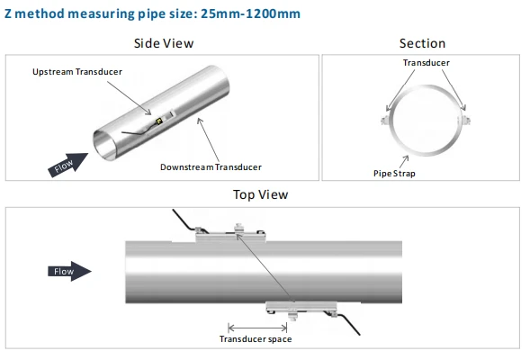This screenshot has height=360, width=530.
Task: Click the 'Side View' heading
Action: pyautogui.click(x=164, y=43)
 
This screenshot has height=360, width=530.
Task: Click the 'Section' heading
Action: pyautogui.click(x=422, y=43)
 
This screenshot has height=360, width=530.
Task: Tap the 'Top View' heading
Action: pyautogui.click(x=260, y=194)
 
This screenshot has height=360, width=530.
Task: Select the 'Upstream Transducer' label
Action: pyautogui.click(x=77, y=72)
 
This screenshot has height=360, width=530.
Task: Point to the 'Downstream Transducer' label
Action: pyautogui.click(x=211, y=167)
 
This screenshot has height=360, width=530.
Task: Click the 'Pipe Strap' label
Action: pyautogui.click(x=394, y=174)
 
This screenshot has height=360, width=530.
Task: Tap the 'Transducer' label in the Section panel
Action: pyautogui.click(x=427, y=62)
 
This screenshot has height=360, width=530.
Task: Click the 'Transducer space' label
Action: pyautogui.click(x=256, y=339)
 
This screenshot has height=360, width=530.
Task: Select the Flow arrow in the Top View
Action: pyautogui.click(x=69, y=271)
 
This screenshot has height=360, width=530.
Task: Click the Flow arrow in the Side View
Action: pyautogui.click(x=68, y=165)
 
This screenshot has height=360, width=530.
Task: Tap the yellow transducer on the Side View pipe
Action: pyautogui.click(x=159, y=121)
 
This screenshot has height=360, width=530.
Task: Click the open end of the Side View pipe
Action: pyautogui.click(x=104, y=145)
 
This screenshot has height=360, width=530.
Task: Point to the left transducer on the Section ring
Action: pyautogui.click(x=385, y=120)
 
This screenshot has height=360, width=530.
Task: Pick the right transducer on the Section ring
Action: pyautogui.click(x=465, y=120)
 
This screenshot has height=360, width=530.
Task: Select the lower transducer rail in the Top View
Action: pyautogui.click(x=301, y=309)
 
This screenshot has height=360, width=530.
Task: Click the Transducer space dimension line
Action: pyautogui.click(x=257, y=328)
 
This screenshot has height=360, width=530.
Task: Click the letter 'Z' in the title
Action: pyautogui.click(x=8, y=13)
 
